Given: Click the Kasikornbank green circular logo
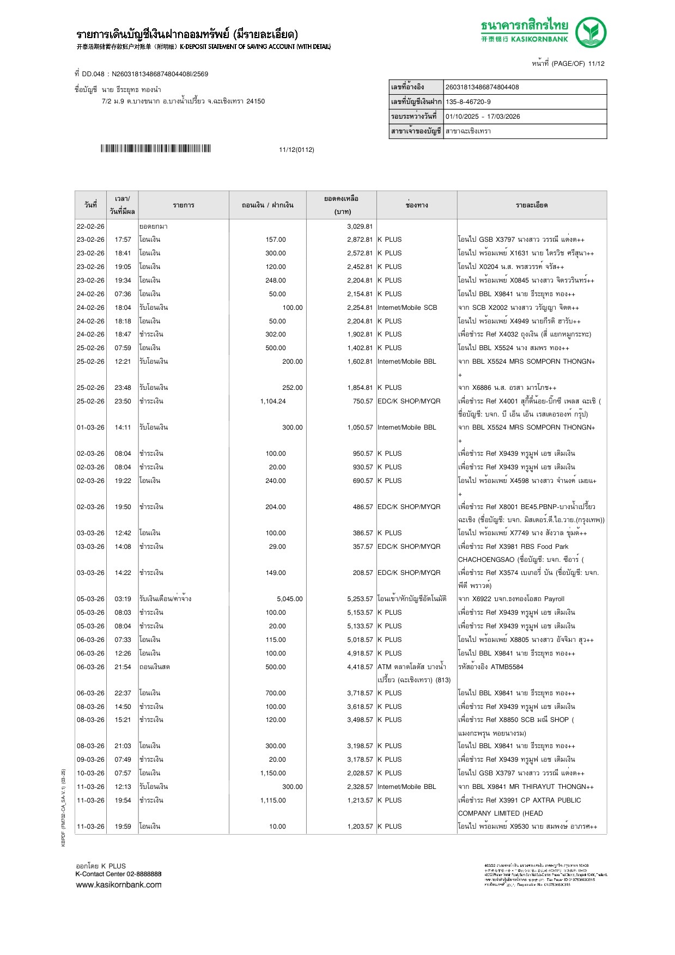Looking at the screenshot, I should click(x=591, y=33).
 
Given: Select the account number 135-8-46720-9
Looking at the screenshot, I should click(x=468, y=102).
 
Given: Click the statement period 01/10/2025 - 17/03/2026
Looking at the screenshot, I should click(x=483, y=117).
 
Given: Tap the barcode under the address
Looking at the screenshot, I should click(x=155, y=149).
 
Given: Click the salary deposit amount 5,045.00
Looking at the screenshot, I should click(x=289, y=599).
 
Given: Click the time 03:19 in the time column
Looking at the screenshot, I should click(x=123, y=599).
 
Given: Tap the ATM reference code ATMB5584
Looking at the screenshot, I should click(x=507, y=667).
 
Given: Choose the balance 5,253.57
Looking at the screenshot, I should click(x=360, y=599).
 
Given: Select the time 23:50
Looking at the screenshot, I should click(x=123, y=401).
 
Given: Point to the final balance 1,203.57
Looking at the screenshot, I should click(x=360, y=827).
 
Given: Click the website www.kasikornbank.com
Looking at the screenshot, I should click(x=119, y=885).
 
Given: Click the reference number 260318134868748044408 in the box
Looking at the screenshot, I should click(x=482, y=87).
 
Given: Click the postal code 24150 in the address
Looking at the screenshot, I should click(x=256, y=101).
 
